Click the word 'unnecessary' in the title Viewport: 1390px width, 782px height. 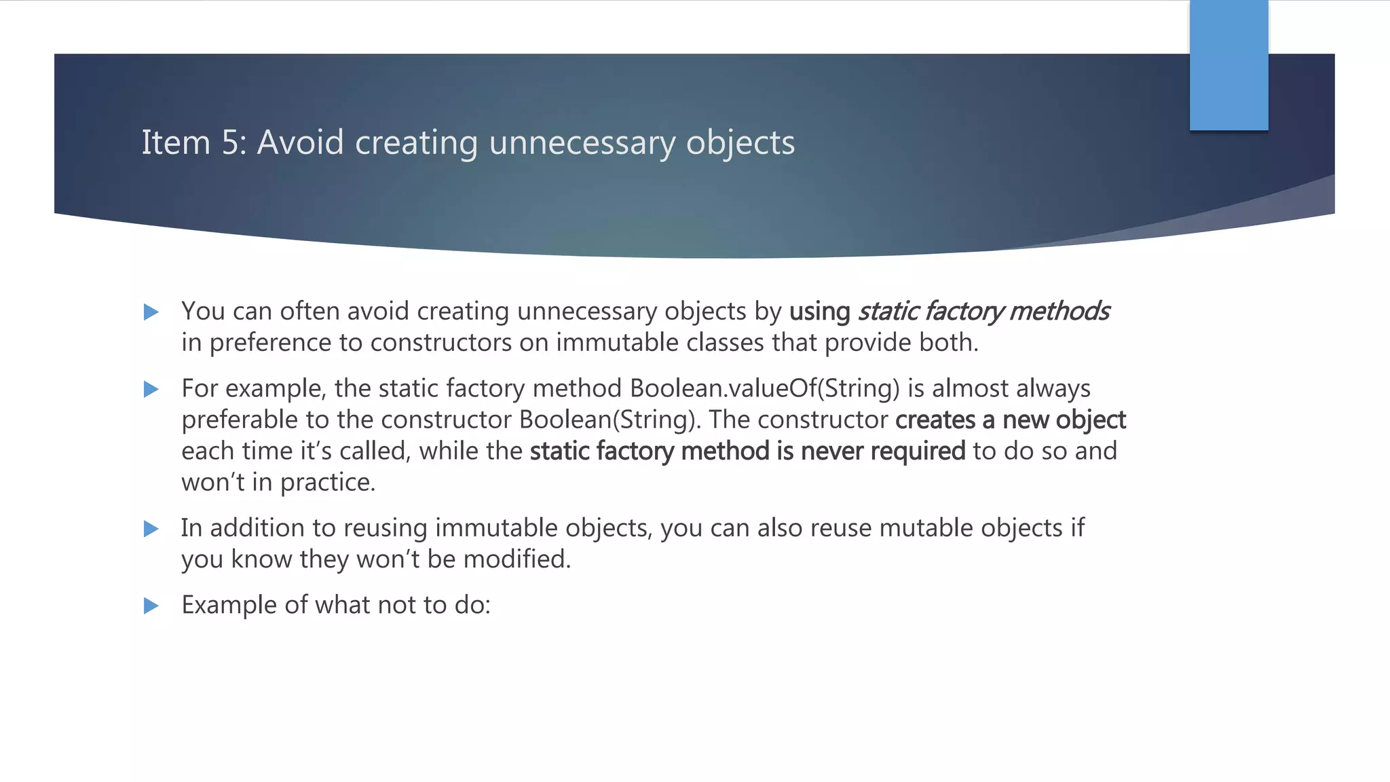click(582, 143)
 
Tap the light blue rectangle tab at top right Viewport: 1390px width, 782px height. click(1228, 66)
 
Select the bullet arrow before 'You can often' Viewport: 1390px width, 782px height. click(151, 312)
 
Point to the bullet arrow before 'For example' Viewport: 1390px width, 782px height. click(151, 390)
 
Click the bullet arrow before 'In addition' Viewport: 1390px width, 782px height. click(151, 529)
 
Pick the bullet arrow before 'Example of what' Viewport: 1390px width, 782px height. click(151, 606)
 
